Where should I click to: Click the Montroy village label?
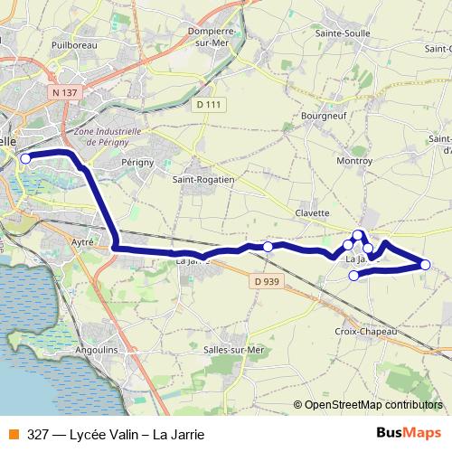[353, 160]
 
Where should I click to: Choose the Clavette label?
[313, 212]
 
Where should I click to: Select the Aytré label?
[84, 243]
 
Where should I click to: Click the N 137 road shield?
[63, 92]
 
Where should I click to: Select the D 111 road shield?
[208, 105]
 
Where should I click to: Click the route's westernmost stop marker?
[25, 158]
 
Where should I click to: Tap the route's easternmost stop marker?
[425, 264]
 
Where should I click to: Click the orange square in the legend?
[13, 434]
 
